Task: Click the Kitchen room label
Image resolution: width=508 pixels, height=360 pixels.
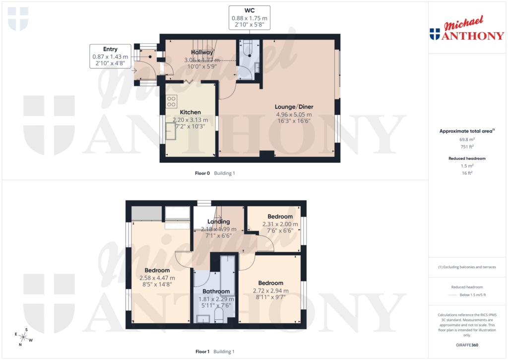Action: (190, 112)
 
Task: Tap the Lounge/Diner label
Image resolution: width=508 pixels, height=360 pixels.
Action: (294, 107)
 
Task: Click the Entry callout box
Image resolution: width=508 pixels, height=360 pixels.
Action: (110, 57)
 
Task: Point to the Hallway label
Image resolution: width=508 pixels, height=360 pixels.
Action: (202, 52)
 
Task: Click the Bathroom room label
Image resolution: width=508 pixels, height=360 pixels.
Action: (216, 291)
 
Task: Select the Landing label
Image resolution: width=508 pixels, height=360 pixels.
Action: (218, 221)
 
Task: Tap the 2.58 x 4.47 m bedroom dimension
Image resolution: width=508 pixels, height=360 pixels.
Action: (160, 278)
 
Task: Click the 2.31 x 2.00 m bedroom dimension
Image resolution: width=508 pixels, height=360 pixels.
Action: (280, 224)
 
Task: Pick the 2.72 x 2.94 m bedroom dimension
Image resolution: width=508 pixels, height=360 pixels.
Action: (270, 291)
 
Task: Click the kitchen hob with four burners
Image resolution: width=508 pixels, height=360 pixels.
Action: (172, 101)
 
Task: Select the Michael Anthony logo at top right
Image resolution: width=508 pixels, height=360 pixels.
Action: (466, 30)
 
